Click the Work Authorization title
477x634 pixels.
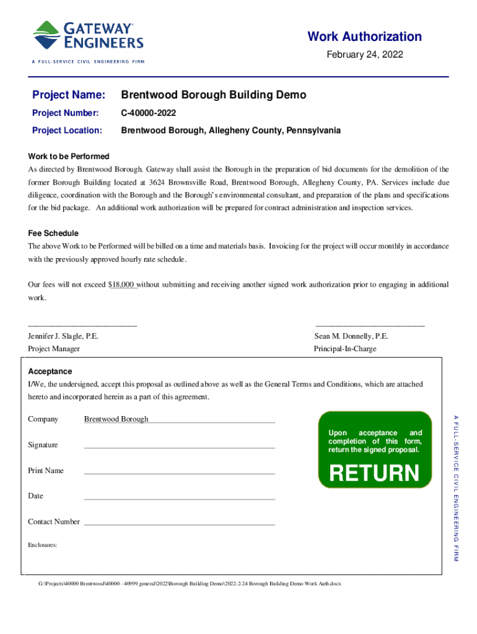tap(364, 37)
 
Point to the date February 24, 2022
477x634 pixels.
tap(365, 55)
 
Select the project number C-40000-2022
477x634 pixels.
tap(149, 113)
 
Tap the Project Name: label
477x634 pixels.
tap(69, 95)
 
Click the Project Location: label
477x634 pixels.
tap(67, 131)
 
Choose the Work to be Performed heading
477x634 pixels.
tap(69, 157)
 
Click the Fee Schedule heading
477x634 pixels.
tap(53, 233)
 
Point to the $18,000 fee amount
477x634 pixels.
tap(122, 285)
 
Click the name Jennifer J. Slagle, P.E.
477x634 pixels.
tap(63, 336)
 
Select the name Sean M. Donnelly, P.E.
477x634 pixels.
tap(351, 336)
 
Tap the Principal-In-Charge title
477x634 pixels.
tap(345, 349)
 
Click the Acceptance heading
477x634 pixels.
tap(50, 371)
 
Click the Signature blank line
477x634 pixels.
tap(179, 446)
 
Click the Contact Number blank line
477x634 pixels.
tap(179, 523)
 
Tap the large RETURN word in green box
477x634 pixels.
tap(374, 474)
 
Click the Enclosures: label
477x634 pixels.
tap(43, 545)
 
